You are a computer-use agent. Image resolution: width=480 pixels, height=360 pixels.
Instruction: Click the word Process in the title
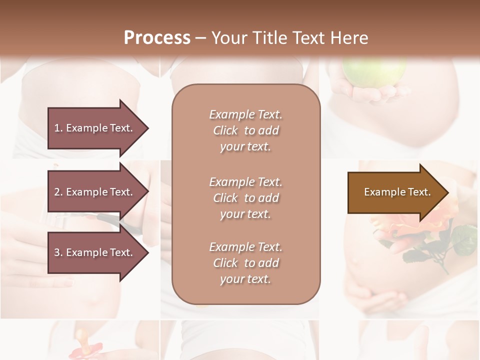tap(157, 38)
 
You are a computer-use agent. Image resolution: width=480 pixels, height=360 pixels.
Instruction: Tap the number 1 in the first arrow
tap(57, 128)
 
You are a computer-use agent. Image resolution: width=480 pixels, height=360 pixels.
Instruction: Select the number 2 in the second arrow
tap(57, 192)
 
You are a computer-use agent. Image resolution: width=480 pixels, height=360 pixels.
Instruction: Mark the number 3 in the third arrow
tap(57, 252)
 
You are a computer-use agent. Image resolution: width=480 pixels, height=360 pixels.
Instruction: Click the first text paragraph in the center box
tap(245, 130)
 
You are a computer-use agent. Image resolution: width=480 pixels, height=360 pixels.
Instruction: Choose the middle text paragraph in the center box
tap(245, 198)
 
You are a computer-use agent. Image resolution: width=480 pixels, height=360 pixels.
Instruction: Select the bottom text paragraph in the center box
tap(245, 263)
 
